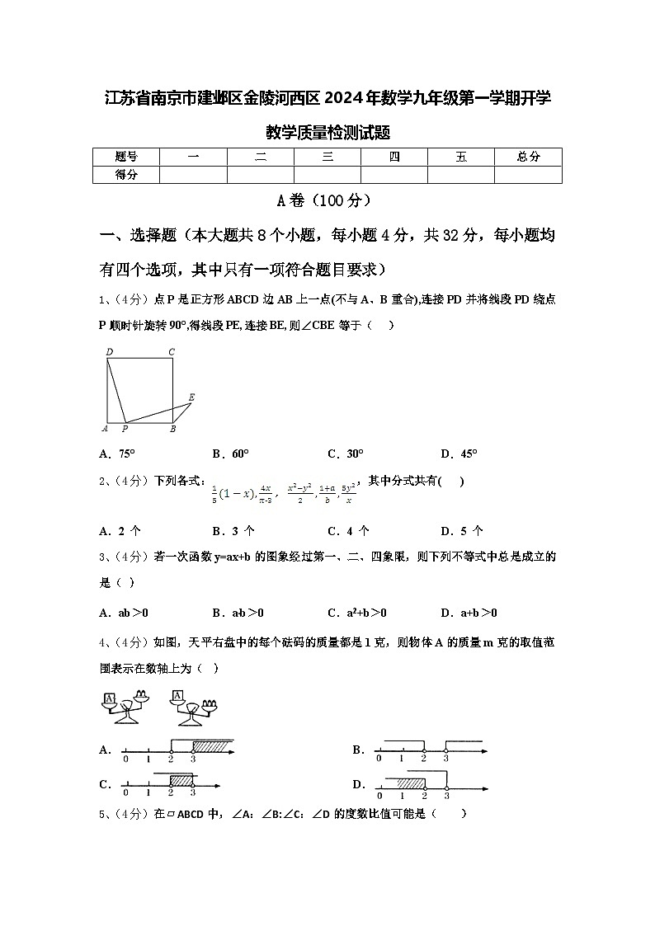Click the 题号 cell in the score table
(125, 157)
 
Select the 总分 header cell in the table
(528, 157)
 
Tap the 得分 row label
(125, 174)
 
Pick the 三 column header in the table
(327, 157)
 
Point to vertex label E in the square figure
(191, 397)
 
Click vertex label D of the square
(108, 352)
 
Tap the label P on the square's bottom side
(125, 429)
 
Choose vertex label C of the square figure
(172, 352)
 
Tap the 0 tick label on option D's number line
(379, 796)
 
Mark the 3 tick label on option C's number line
(192, 792)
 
